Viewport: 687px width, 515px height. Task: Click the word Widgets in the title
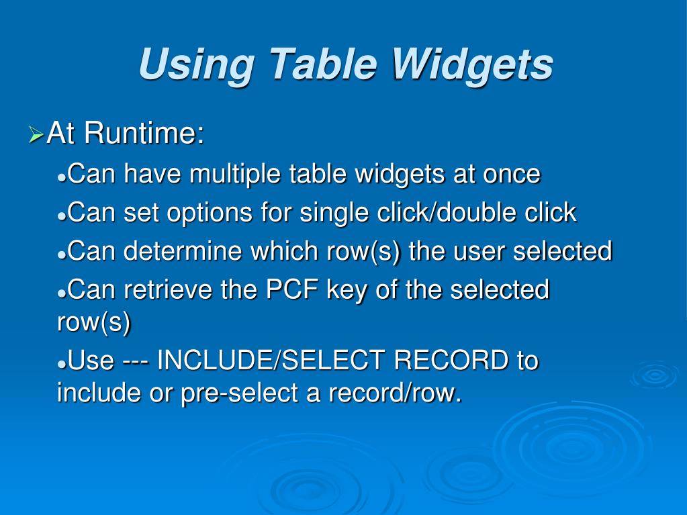[472, 65]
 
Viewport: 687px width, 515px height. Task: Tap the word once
[512, 175]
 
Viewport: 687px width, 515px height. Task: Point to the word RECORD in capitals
[451, 361]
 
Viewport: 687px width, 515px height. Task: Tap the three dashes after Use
[135, 361]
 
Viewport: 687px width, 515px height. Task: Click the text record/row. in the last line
[395, 393]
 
